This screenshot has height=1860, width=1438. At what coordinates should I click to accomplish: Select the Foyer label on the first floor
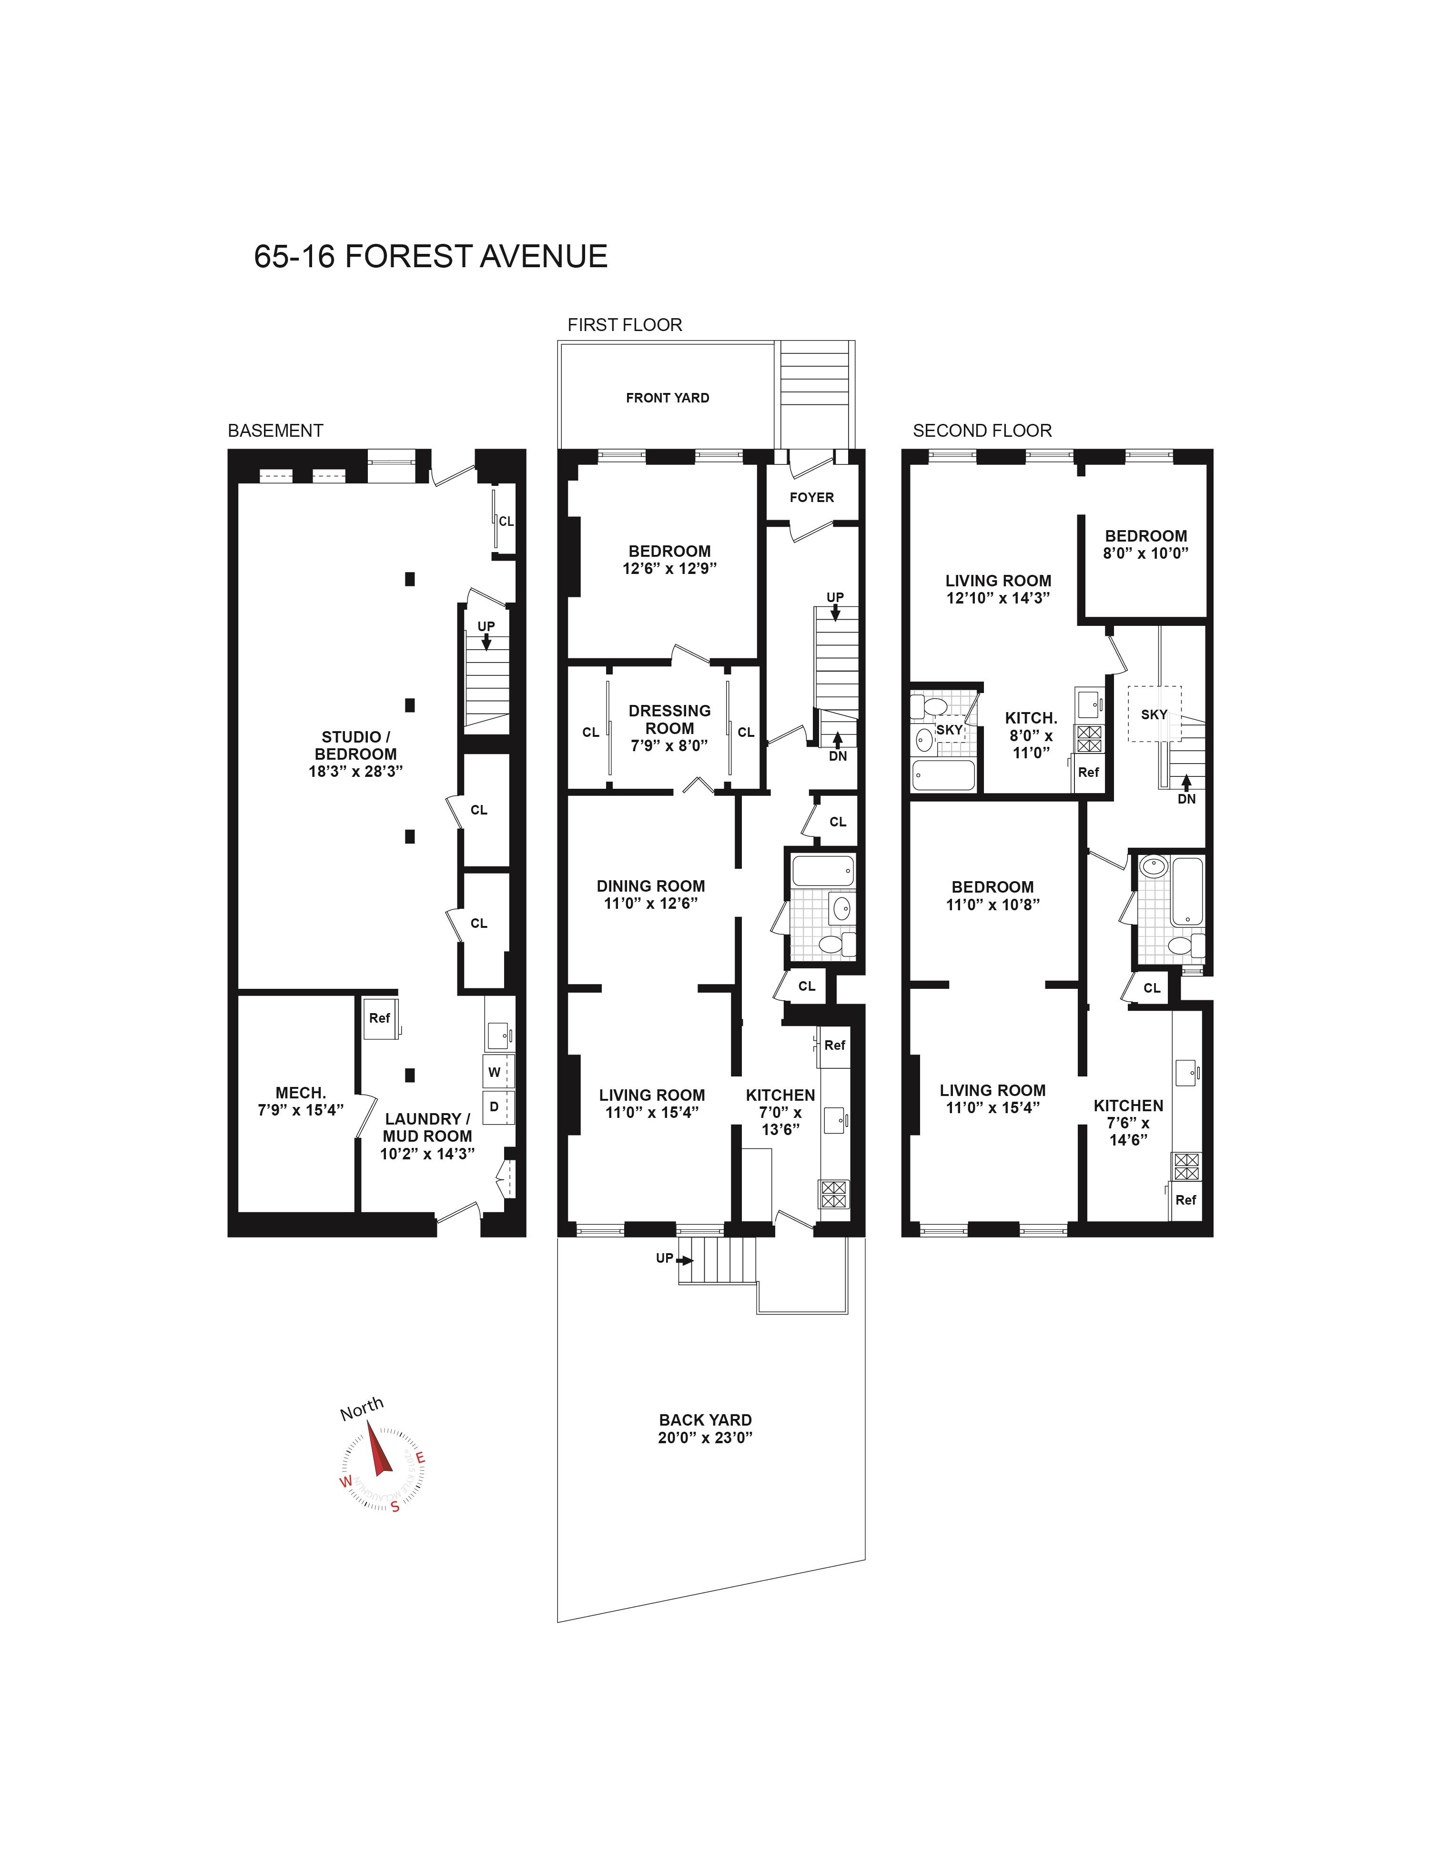[x=811, y=497]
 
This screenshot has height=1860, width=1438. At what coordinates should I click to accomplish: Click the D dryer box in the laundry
[x=494, y=1106]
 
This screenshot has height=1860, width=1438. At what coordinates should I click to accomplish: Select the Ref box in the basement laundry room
[x=379, y=1018]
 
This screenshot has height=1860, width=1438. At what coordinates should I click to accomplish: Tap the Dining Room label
[x=651, y=886]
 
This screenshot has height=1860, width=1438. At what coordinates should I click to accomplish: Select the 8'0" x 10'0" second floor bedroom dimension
[x=1146, y=553]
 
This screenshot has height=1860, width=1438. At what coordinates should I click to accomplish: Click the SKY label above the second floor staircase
[x=1154, y=714]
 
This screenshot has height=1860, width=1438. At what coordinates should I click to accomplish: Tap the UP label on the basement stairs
[x=486, y=626]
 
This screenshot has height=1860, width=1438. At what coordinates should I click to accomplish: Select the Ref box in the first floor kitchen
[x=834, y=1045]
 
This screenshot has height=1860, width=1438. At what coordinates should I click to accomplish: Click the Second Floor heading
[x=982, y=431]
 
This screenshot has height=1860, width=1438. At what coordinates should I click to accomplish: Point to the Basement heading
[x=275, y=431]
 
